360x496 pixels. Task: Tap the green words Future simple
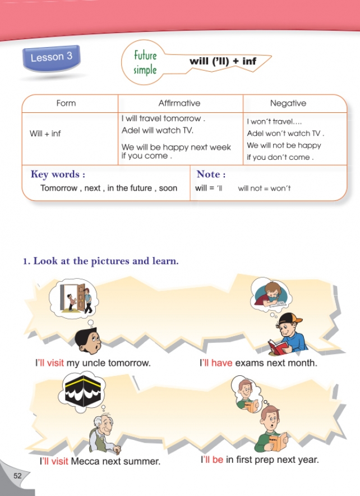pyautogui.click(x=145, y=63)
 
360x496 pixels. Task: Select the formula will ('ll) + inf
pyautogui.click(x=223, y=61)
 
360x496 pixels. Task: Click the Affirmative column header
pyautogui.click(x=179, y=103)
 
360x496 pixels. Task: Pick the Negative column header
pyautogui.click(x=288, y=103)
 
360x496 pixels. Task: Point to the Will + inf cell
pyautogui.click(x=45, y=134)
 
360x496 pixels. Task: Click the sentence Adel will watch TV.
pyautogui.click(x=157, y=130)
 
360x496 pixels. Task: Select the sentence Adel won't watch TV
pyautogui.click(x=285, y=134)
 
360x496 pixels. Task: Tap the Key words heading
pyautogui.click(x=58, y=174)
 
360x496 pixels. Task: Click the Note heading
pyautogui.click(x=211, y=174)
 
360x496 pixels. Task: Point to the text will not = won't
pyautogui.click(x=264, y=189)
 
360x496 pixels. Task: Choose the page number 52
pyautogui.click(x=18, y=476)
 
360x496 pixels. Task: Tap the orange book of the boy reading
pyautogui.click(x=277, y=441)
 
